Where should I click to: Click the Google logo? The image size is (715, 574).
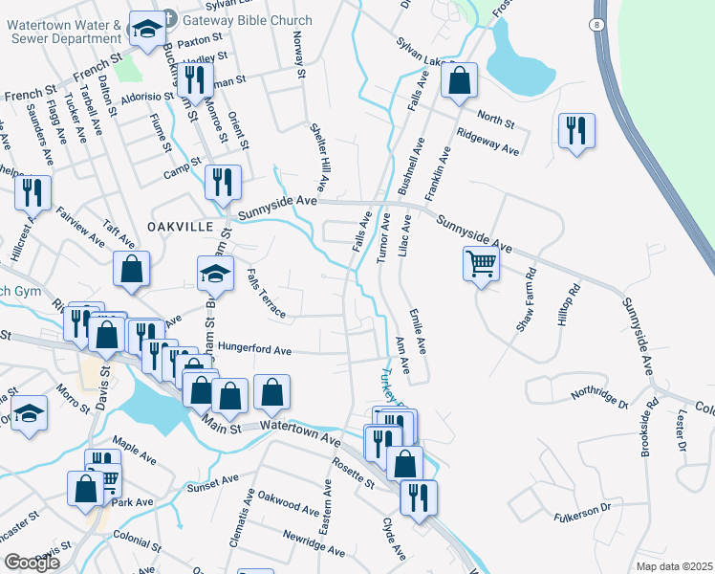coord(32,563)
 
